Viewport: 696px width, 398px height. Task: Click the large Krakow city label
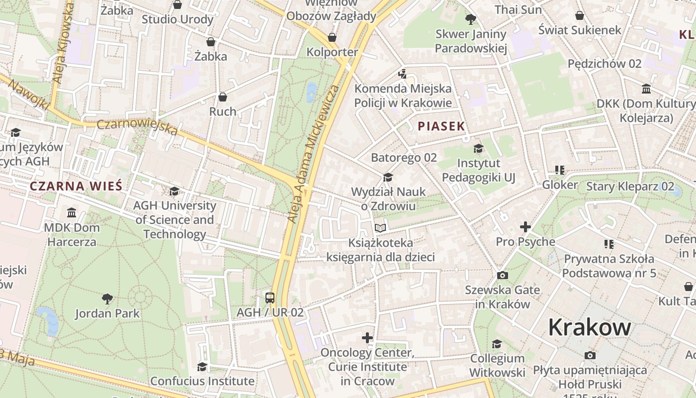pyautogui.click(x=590, y=327)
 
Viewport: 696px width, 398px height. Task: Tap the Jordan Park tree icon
pyautogui.click(x=107, y=298)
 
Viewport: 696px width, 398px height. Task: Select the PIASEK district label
pyautogui.click(x=441, y=126)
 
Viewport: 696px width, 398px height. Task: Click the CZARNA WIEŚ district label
pyautogui.click(x=76, y=187)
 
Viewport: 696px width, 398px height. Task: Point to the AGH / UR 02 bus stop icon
pyautogui.click(x=270, y=298)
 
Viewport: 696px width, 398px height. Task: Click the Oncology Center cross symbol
pyautogui.click(x=367, y=338)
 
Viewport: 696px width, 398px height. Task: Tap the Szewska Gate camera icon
pyautogui.click(x=503, y=275)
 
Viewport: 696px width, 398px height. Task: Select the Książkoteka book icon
pyautogui.click(x=380, y=228)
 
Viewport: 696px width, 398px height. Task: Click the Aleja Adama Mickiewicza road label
pyautogui.click(x=314, y=154)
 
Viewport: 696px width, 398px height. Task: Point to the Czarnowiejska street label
pyautogui.click(x=137, y=127)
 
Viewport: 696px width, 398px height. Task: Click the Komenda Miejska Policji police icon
pyautogui.click(x=403, y=74)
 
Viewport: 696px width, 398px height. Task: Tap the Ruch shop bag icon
pyautogui.click(x=223, y=97)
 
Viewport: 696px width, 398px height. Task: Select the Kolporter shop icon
pyautogui.click(x=332, y=37)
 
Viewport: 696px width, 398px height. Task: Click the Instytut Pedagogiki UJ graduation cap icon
pyautogui.click(x=479, y=148)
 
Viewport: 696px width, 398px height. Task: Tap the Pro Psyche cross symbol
pyautogui.click(x=525, y=227)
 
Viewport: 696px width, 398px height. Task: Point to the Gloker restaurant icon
pyautogui.click(x=560, y=170)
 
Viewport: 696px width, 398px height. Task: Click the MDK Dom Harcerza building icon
pyautogui.click(x=72, y=212)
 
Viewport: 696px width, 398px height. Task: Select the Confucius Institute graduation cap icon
pyautogui.click(x=202, y=367)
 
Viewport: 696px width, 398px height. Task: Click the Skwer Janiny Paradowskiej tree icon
pyautogui.click(x=470, y=19)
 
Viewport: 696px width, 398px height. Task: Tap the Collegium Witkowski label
pyautogui.click(x=497, y=365)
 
